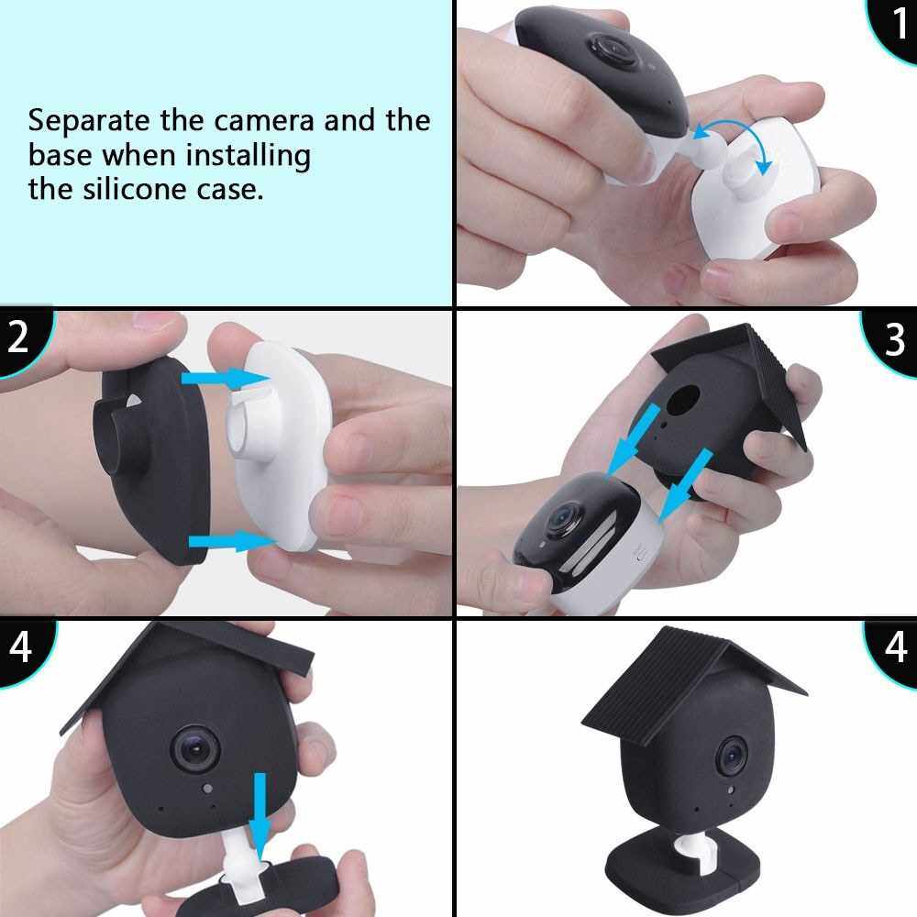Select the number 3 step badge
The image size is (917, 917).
point(892,340)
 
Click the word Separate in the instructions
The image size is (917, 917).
point(89,122)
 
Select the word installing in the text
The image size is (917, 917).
point(248,157)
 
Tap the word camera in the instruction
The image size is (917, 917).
point(265,121)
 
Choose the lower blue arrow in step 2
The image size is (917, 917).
point(232,542)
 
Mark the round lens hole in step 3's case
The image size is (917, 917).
point(683,401)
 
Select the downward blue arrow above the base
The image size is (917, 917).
point(260,815)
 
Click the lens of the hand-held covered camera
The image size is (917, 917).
point(196,749)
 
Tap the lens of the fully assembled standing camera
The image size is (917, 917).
point(732,757)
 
